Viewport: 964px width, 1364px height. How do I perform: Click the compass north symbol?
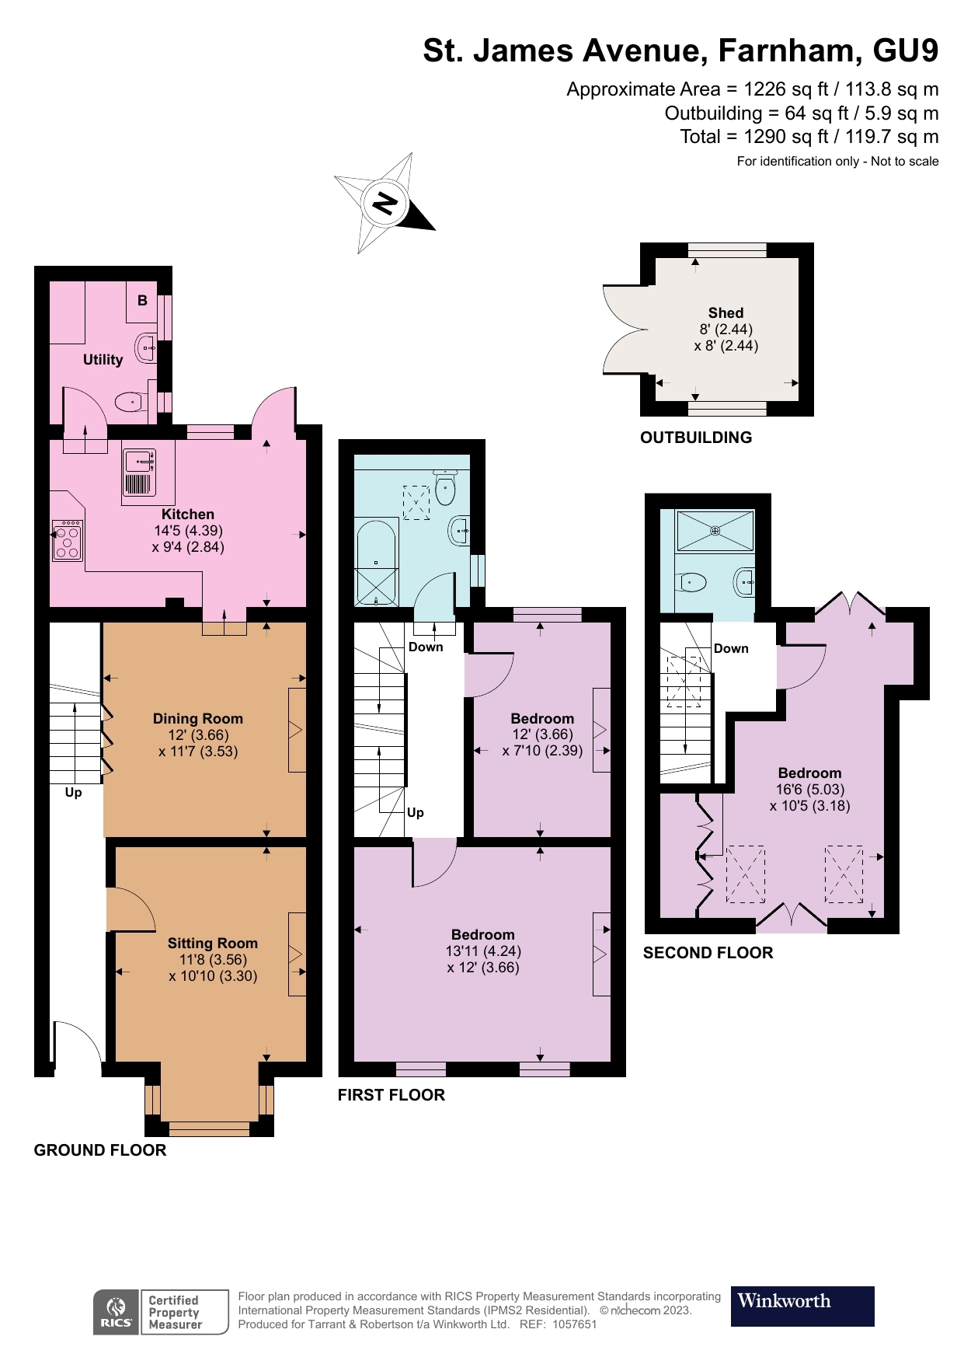point(385,204)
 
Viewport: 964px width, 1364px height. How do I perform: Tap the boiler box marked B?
point(142,301)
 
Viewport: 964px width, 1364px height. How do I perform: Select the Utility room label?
point(103,360)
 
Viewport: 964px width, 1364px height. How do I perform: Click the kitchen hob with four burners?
point(67,540)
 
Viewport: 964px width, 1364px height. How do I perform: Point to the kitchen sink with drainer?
point(139,473)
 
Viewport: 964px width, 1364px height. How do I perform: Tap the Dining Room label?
point(197,719)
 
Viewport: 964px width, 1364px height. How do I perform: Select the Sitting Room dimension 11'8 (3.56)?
point(212,960)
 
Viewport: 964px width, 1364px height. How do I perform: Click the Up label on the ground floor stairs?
point(73,793)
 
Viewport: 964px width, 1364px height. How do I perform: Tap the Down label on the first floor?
point(426,647)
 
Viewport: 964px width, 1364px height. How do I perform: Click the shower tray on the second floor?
point(715,531)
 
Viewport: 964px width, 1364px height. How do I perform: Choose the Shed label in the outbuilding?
point(726,313)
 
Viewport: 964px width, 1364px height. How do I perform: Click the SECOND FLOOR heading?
point(708,953)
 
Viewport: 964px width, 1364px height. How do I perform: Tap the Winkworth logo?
point(802,1306)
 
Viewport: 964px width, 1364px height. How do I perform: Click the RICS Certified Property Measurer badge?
point(161,1312)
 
